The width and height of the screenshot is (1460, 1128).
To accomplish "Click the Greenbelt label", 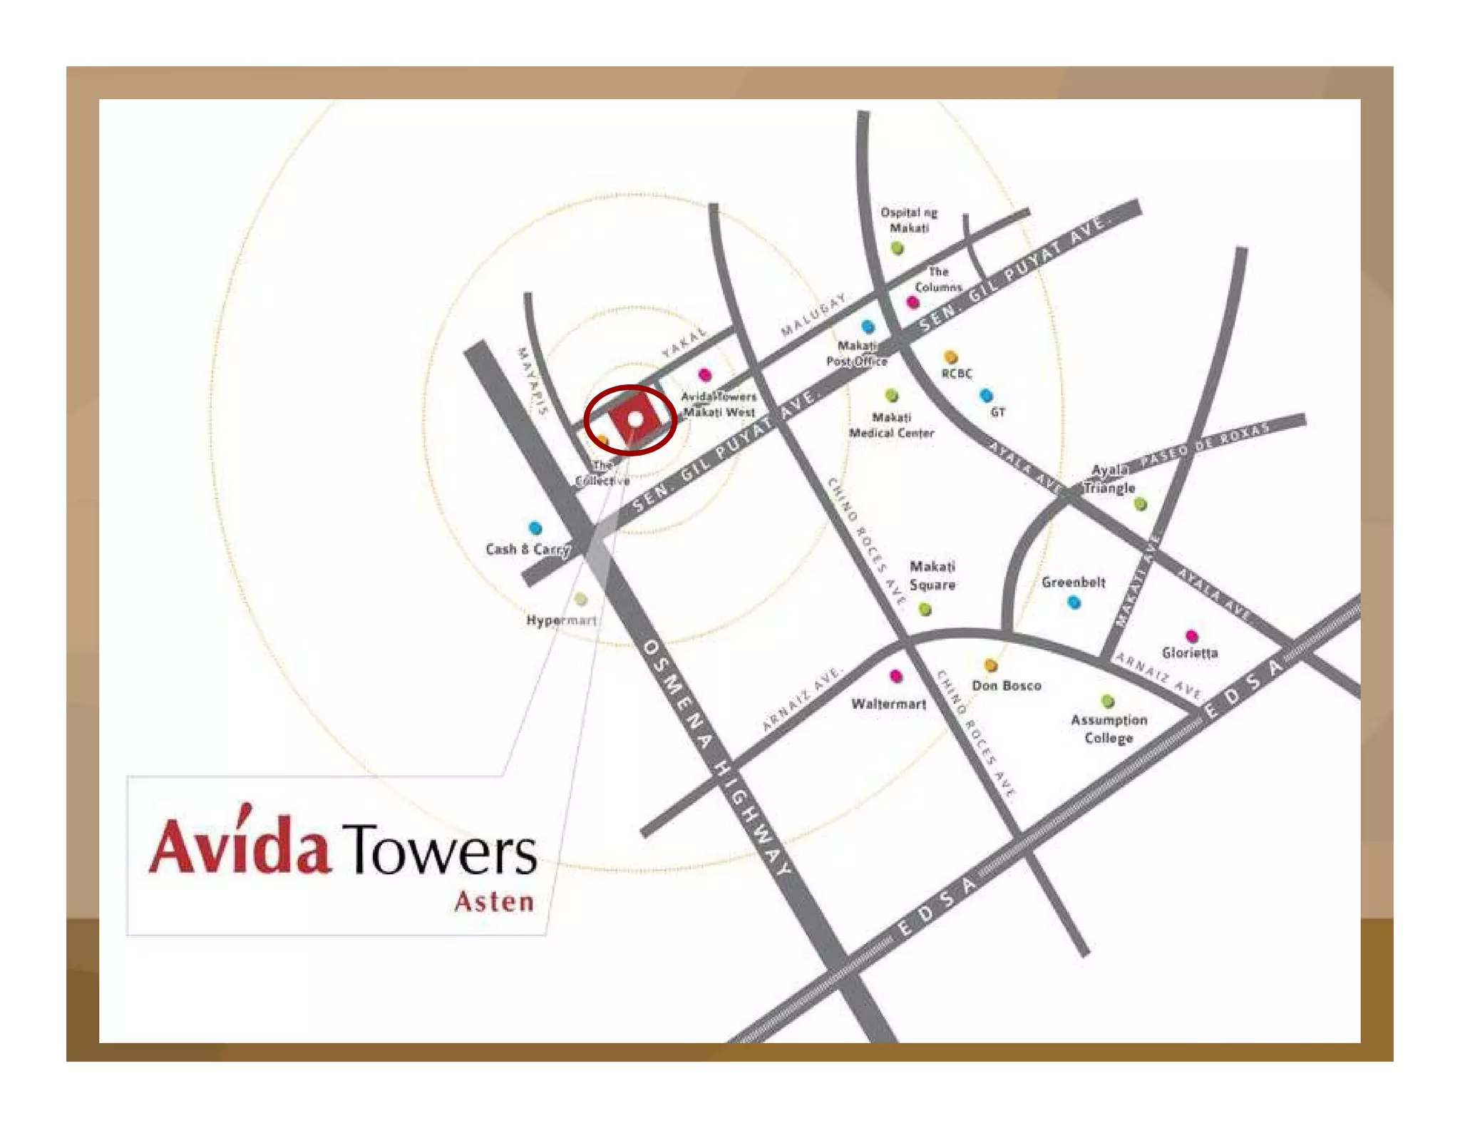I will tap(1073, 582).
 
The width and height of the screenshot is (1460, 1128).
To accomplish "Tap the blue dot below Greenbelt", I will tap(1074, 603).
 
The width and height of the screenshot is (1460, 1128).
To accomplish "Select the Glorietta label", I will tap(1189, 652).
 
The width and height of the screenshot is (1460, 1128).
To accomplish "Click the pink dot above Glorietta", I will tap(1191, 636).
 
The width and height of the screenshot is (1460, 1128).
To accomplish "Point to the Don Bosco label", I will tap(1006, 685).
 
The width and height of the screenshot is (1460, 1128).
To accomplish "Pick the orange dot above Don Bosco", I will tap(990, 665).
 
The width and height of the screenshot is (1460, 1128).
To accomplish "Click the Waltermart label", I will tap(888, 704).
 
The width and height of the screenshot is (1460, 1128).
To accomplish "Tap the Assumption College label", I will tap(1109, 729).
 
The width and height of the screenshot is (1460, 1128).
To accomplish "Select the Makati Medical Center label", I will tap(891, 425).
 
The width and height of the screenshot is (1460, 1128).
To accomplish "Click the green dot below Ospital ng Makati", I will tap(898, 248).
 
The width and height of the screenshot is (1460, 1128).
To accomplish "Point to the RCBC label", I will tap(957, 373).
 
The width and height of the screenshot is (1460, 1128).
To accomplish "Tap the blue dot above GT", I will tap(986, 395).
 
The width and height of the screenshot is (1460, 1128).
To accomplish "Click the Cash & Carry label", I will tap(527, 549).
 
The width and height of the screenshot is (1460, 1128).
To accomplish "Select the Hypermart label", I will tap(561, 620).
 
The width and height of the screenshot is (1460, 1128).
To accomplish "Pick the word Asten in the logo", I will tap(494, 901).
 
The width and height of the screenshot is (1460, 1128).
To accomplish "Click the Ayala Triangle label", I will tap(1109, 479).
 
